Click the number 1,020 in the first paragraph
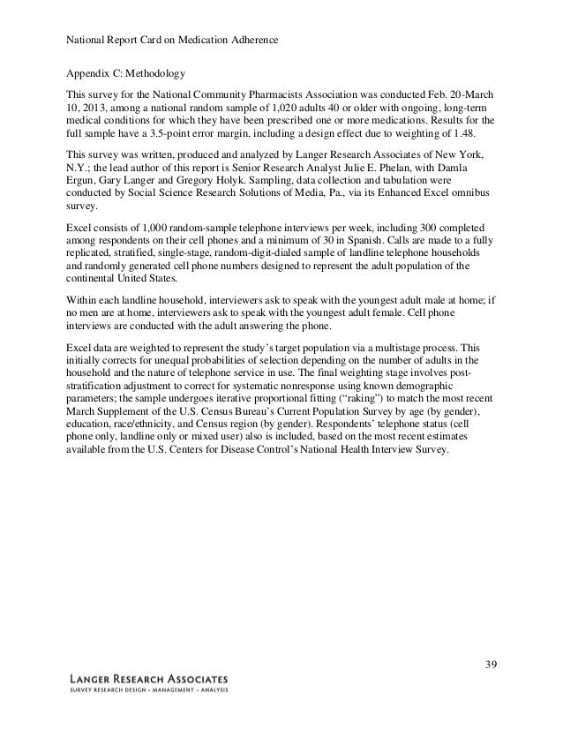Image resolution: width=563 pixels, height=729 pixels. click(x=281, y=109)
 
